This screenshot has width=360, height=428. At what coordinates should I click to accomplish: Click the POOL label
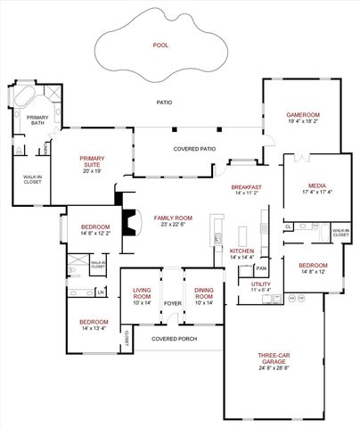[x=161, y=44]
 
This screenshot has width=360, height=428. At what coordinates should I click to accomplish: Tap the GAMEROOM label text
[x=302, y=115]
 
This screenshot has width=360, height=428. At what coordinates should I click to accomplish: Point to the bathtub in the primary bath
[x=25, y=96]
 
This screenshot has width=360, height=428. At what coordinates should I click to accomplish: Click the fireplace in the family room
[x=132, y=220]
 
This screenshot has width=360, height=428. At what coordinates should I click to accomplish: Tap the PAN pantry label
[x=261, y=268]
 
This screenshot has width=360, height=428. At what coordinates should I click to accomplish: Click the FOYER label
[x=172, y=303]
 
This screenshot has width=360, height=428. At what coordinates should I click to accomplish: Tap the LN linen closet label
[x=101, y=292]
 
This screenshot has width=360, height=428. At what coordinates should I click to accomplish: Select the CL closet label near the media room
[x=289, y=227]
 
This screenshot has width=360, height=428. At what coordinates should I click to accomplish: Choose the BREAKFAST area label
[x=245, y=186]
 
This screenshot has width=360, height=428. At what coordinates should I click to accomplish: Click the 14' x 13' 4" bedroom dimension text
[x=94, y=328]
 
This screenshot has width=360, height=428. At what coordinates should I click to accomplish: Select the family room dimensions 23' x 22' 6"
[x=172, y=225]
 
